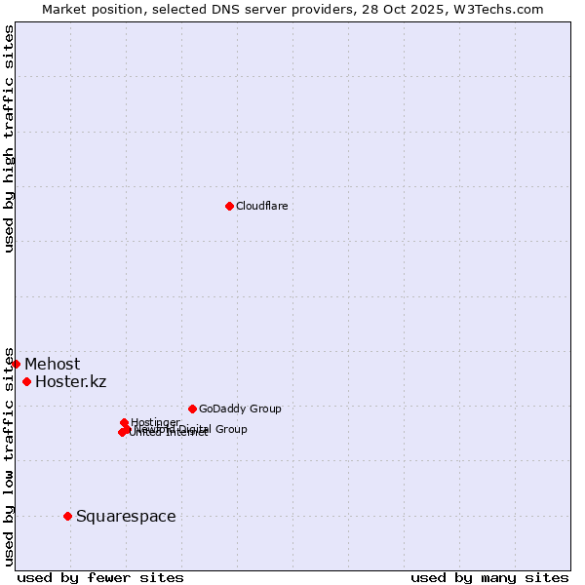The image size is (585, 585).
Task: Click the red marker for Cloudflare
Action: click(229, 206)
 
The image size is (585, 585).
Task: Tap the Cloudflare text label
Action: click(261, 206)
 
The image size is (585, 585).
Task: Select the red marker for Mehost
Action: click(16, 364)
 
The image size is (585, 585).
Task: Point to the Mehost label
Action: click(52, 365)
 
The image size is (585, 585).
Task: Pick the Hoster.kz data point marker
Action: click(26, 381)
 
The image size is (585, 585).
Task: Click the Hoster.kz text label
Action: click(70, 381)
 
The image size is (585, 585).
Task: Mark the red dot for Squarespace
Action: click(67, 516)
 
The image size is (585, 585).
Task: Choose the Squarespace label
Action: click(126, 516)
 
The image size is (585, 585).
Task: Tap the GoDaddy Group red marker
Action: click(192, 409)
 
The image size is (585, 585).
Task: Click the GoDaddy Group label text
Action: click(240, 409)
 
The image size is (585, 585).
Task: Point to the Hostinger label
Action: click(155, 422)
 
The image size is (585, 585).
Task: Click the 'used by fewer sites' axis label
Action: click(100, 577)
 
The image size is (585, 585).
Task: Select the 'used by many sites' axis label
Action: click(489, 577)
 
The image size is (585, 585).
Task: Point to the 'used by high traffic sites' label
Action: click(9, 138)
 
